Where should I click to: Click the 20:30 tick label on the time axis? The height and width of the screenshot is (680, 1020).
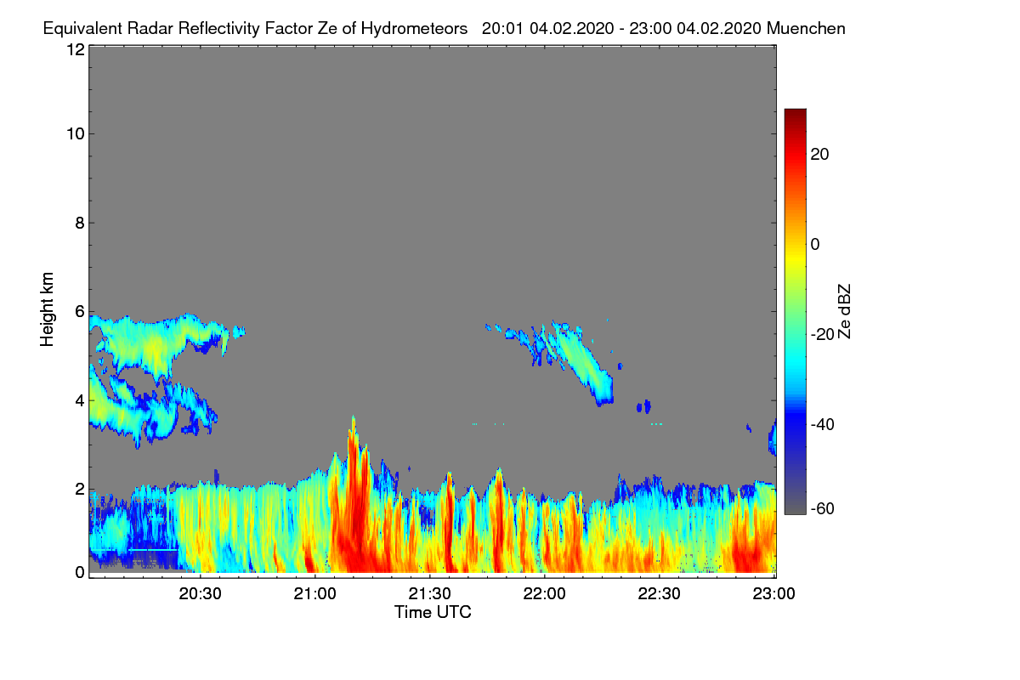[200, 594]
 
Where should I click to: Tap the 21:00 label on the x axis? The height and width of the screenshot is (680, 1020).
[314, 594]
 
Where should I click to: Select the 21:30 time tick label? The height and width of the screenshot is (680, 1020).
[429, 594]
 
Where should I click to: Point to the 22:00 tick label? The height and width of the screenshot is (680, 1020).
[544, 594]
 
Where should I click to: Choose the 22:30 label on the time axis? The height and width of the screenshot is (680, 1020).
[659, 594]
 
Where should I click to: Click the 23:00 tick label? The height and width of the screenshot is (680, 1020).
[773, 594]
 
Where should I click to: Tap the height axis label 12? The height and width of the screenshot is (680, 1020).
[76, 49]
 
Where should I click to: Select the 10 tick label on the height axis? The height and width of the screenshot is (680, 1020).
[76, 134]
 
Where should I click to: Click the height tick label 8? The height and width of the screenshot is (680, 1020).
[80, 224]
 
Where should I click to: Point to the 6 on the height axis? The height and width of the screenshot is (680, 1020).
[80, 312]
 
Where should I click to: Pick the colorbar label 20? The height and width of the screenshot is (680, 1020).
[819, 155]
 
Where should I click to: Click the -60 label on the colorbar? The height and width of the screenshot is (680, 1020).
[823, 509]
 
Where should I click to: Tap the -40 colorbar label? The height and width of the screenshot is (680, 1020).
[823, 424]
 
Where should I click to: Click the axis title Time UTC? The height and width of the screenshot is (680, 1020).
[433, 612]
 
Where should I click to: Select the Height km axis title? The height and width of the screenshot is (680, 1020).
[47, 309]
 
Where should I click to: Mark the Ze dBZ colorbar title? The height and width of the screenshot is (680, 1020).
[844, 311]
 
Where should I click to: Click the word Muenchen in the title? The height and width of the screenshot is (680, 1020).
[806, 29]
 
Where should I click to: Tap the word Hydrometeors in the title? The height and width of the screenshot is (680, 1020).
[414, 29]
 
